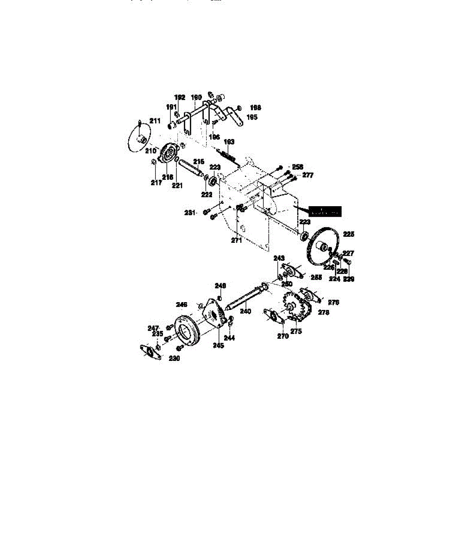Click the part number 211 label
pyautogui.click(x=155, y=120)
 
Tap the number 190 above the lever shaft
pyautogui.click(x=196, y=98)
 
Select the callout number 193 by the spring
pyautogui.click(x=229, y=141)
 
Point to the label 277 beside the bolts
pyautogui.click(x=308, y=175)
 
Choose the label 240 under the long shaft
pyautogui.click(x=245, y=311)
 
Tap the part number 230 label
pyautogui.click(x=174, y=358)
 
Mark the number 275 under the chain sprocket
pyautogui.click(x=296, y=331)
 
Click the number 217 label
pyautogui.click(x=156, y=183)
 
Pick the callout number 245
pyautogui.click(x=218, y=345)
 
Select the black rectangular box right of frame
pyautogui.click(x=325, y=211)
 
